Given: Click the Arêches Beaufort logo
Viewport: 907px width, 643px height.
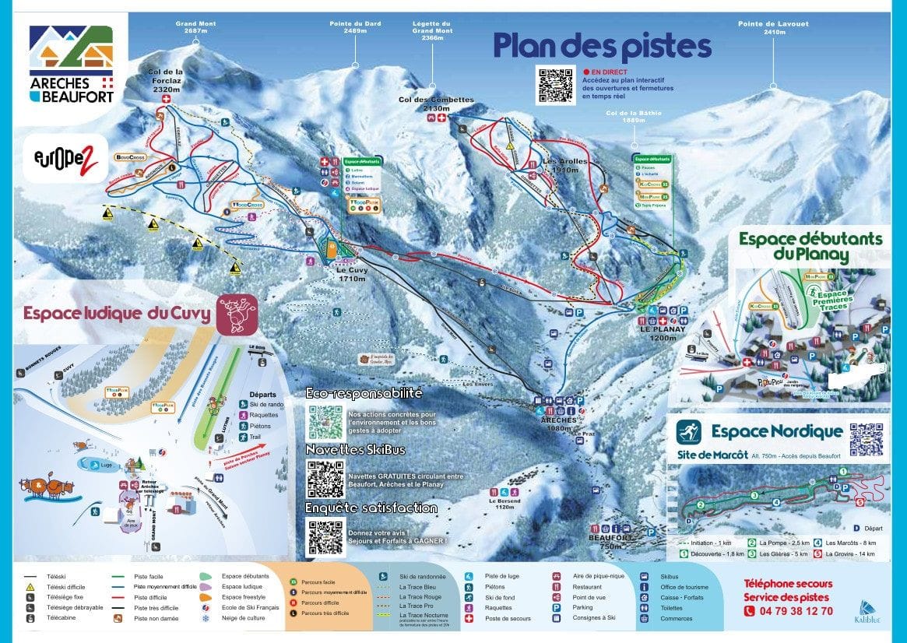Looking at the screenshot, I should click(x=71, y=65).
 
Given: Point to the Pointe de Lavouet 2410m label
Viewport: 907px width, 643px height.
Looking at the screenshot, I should click(x=773, y=28).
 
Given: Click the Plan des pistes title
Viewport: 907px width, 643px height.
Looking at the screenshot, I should click(x=602, y=46).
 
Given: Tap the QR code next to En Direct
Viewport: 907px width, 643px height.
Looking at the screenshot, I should click(x=556, y=86).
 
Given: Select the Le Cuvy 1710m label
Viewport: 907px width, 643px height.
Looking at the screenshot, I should click(x=353, y=274).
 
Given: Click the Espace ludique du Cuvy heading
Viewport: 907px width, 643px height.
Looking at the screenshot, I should click(x=117, y=314).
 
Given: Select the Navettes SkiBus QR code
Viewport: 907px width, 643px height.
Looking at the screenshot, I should click(x=325, y=480).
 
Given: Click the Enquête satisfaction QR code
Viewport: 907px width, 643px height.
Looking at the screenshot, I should click(x=325, y=536).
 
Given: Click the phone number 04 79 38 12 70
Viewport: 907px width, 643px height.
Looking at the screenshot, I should click(x=788, y=611).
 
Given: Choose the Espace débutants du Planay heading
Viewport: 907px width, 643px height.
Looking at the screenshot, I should click(x=810, y=246).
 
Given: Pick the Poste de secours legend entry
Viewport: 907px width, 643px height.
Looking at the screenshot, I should click(x=507, y=619).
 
